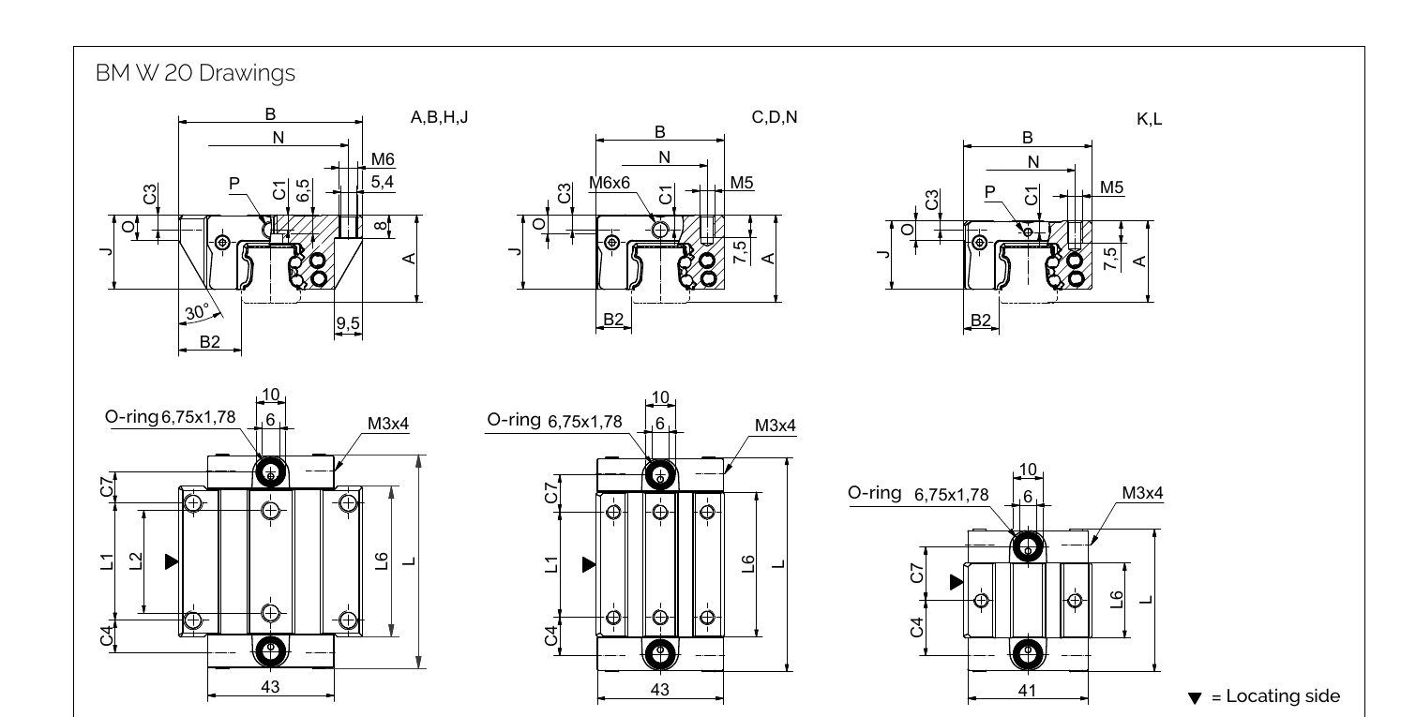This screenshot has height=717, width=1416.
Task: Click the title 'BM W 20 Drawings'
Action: [x=195, y=73]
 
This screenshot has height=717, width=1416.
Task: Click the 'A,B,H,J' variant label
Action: [x=440, y=117]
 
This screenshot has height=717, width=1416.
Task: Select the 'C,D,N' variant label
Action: [x=775, y=117]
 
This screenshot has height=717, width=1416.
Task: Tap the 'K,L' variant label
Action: [x=1150, y=119]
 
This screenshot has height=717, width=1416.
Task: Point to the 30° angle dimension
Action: [x=197, y=311]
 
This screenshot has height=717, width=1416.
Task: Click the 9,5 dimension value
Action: [x=348, y=323]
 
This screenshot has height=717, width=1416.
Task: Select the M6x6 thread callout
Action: [x=610, y=183]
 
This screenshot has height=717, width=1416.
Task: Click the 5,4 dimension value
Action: [x=382, y=182]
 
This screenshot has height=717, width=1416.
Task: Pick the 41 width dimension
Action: [x=1027, y=691]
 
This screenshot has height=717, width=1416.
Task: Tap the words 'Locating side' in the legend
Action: [x=1283, y=696]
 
